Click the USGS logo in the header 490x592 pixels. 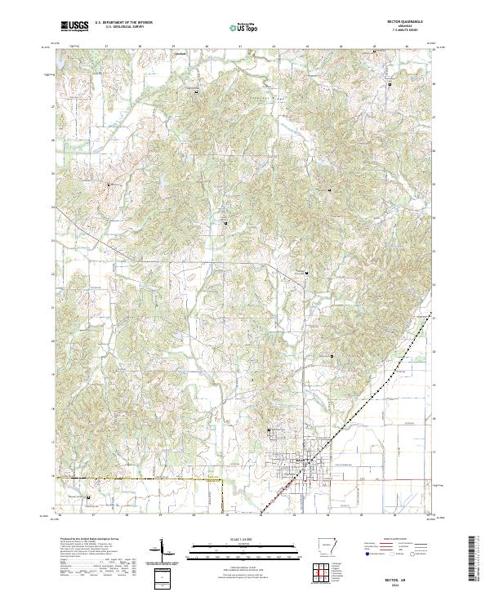click(74, 26)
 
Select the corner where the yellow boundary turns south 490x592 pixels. click(223, 483)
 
